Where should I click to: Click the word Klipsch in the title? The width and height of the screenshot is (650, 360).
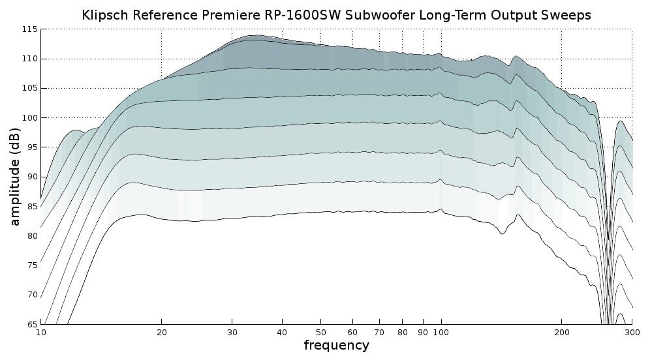coord(103,15)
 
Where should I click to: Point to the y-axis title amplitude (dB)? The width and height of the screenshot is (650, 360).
coord(15,177)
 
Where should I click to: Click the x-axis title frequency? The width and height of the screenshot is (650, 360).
coord(336,346)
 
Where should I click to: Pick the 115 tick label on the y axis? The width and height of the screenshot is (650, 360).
coord(29,29)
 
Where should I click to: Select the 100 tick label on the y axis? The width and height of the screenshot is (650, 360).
coord(29,118)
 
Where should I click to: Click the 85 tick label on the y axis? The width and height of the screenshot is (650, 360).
coord(31,207)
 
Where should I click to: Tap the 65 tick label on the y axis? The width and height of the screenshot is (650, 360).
coord(31,324)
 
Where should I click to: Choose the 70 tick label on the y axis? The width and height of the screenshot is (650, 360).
coord(31,295)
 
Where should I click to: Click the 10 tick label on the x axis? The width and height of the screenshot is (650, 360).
coord(40,332)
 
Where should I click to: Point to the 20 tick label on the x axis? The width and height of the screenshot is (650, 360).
coord(161,332)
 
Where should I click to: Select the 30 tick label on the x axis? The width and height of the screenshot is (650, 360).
coord(232,332)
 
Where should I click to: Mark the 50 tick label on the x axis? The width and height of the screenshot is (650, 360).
coord(320,332)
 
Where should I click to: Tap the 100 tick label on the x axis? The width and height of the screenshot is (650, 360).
coord(441,332)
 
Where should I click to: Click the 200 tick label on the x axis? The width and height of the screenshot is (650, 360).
coord(561,332)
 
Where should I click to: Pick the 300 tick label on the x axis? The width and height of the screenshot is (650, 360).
coord(632,332)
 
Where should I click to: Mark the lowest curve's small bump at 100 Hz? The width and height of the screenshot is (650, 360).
coord(441,209)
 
